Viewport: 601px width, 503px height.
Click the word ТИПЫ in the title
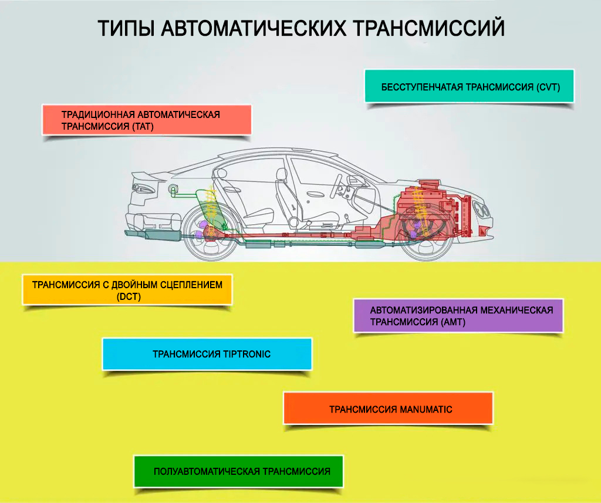[x=126, y=28]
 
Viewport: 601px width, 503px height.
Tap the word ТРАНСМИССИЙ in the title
[x=429, y=28]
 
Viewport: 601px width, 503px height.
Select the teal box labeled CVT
[x=469, y=86]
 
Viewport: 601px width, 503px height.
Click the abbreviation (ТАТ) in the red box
[x=143, y=127]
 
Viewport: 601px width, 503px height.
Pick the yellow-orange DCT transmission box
[x=127, y=290]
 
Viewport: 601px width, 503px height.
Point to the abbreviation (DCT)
[x=129, y=297]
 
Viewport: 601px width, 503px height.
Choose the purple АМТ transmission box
[x=458, y=316]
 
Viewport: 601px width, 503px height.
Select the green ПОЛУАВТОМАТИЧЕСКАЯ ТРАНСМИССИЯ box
[x=238, y=471]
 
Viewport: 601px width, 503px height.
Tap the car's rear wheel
[x=211, y=232]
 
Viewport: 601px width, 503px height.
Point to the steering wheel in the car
[x=337, y=185]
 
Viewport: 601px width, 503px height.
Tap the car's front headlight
[x=481, y=210]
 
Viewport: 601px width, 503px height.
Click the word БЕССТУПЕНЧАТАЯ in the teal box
[x=422, y=87]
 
